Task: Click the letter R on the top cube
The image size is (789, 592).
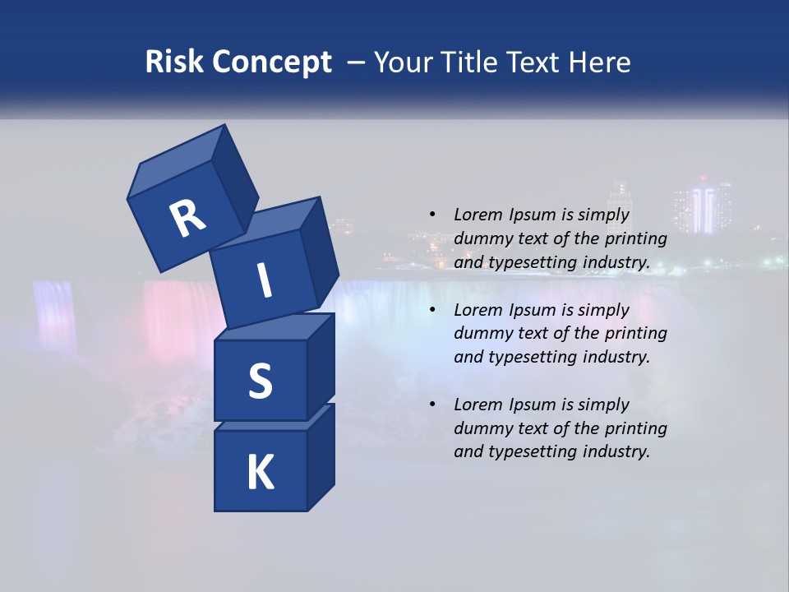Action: pyautogui.click(x=187, y=218)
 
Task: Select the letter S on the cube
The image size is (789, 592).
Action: pyautogui.click(x=260, y=381)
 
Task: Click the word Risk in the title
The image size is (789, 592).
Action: pyautogui.click(x=171, y=62)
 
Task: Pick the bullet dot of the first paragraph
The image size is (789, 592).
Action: pyautogui.click(x=432, y=215)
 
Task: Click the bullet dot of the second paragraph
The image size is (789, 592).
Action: pyautogui.click(x=432, y=310)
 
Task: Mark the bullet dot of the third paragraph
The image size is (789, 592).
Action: pyautogui.click(x=432, y=405)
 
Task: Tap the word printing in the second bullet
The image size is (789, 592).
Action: pyautogui.click(x=635, y=333)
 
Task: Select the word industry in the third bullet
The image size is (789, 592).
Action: pyautogui.click(x=616, y=451)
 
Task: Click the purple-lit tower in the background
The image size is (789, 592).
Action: pyautogui.click(x=703, y=207)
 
